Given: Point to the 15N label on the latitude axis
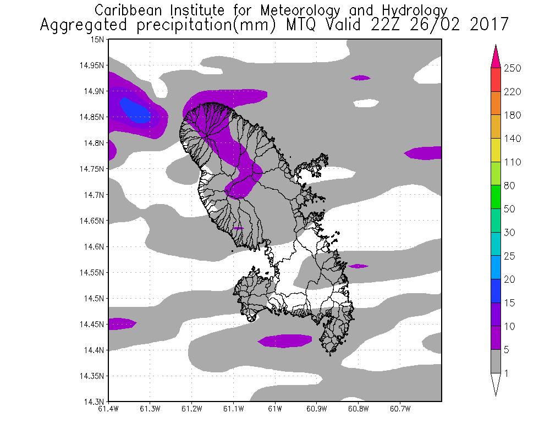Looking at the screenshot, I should click(97, 39).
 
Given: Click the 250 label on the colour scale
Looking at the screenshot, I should click(512, 68).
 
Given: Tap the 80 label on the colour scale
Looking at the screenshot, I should click(509, 186).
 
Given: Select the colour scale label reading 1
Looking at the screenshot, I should click(506, 373).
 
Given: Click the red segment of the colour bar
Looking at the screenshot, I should click(495, 80).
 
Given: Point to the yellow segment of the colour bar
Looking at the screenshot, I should click(495, 150).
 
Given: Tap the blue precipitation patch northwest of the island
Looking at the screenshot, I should click(135, 108).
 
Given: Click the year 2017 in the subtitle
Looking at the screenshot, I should click(489, 25).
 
